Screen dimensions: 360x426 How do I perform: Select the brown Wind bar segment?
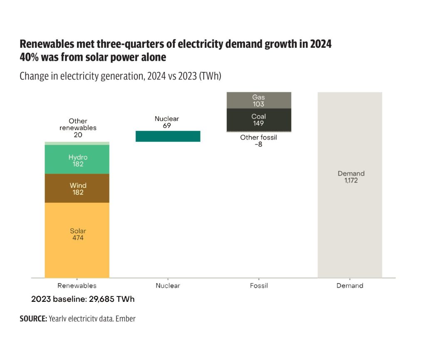[77, 188]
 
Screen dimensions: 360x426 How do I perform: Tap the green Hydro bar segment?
[77, 160]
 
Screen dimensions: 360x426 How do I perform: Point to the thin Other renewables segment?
[77, 143]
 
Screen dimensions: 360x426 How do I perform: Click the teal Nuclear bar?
[168, 136]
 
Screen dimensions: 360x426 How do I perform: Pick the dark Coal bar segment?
[258, 120]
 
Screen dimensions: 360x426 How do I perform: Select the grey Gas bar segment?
[258, 100]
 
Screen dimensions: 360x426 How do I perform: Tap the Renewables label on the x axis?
[77, 286]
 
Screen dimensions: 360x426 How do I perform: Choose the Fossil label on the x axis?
[259, 286]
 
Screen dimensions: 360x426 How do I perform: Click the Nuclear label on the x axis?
[168, 286]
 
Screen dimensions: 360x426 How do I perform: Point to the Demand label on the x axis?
[349, 286]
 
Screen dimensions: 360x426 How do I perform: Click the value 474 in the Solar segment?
[78, 238]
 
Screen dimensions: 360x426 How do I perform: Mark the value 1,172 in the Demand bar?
[351, 181]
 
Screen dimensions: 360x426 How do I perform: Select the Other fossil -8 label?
[258, 141]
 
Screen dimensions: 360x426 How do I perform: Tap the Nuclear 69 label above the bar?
[167, 122]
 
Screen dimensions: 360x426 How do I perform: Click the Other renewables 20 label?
[78, 128]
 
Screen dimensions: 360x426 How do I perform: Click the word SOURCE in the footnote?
[33, 319]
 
